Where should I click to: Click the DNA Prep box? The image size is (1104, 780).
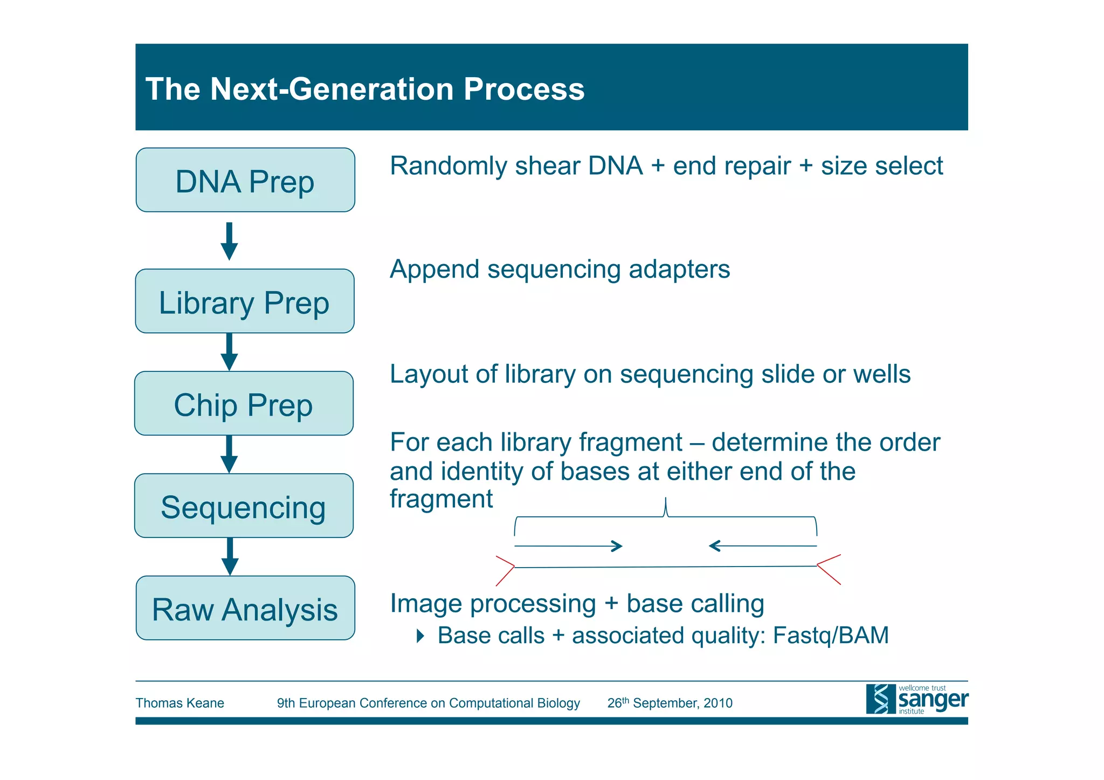pos(245,180)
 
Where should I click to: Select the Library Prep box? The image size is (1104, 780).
pos(245,301)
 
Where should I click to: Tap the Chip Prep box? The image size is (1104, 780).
pos(244,404)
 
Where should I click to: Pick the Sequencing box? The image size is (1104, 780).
pos(244,506)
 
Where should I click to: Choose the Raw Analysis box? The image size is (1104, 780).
pos(245,609)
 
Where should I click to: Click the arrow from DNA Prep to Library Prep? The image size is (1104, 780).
pos(229,241)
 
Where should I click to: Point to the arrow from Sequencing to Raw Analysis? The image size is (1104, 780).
pos(230,556)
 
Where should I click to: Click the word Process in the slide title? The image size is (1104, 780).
pos(523,89)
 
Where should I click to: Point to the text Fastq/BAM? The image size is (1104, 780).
pos(830,636)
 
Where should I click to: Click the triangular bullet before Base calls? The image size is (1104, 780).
pos(420,636)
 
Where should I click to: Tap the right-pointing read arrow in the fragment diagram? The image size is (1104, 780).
pos(569,546)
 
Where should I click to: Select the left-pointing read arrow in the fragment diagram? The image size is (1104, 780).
pos(763,546)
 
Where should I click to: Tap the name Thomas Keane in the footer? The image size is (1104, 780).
pos(180,703)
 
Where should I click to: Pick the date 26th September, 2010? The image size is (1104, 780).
pos(670,703)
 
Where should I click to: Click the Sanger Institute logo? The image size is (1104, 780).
pos(916,699)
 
